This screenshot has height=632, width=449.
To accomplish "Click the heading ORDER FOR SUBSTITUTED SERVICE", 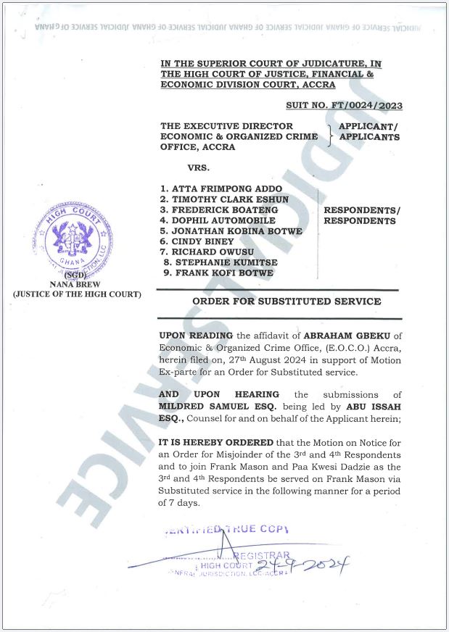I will (x=287, y=301).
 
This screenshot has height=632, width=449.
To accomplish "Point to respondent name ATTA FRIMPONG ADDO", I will (x=221, y=189).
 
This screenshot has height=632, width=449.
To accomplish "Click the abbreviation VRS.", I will (x=199, y=167).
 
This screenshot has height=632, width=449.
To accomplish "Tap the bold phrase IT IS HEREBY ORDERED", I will (x=216, y=442).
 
